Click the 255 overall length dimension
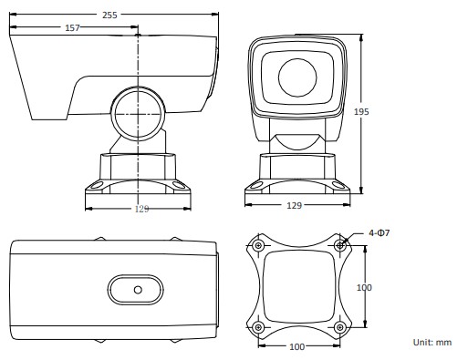point(109,15)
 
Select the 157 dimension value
point(72,28)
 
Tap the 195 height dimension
point(361,112)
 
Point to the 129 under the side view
point(141,209)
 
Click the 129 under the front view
point(294,206)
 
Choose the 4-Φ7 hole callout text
point(379,233)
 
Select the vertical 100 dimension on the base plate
point(364,287)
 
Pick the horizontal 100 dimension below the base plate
point(296,346)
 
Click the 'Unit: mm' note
point(432,343)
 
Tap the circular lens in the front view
point(297,77)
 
